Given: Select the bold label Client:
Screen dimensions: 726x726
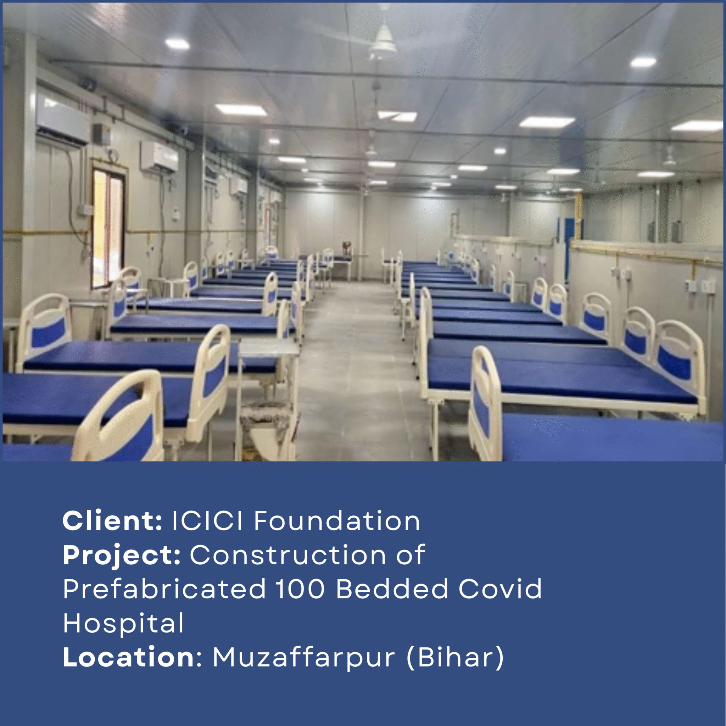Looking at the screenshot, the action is point(112,521).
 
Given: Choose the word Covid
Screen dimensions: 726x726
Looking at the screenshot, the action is point(500,588).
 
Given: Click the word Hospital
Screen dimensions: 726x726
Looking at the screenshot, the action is point(123,623).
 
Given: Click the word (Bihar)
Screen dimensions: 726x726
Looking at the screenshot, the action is point(455,658).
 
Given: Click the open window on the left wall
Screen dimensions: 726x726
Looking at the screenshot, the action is point(108,228).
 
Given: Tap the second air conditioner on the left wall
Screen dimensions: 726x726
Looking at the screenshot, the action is point(159,157).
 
